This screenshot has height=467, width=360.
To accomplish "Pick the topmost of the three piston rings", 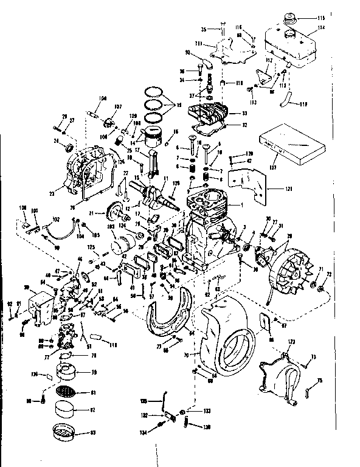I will pos(156,93).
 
